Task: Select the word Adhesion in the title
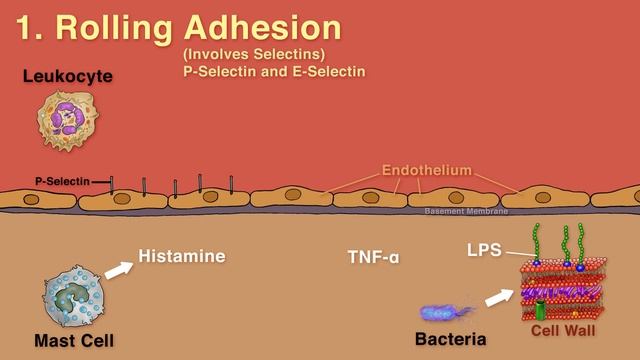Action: click(262, 27)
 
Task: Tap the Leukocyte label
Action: click(68, 76)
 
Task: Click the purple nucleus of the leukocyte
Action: click(68, 118)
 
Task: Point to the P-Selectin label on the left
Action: click(62, 181)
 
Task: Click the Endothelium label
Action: click(427, 170)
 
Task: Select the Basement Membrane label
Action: click(466, 211)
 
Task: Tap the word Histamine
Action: click(182, 256)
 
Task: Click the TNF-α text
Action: click(373, 257)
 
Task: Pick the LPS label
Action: click(484, 250)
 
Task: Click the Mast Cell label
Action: click(74, 340)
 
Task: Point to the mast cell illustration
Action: click(74, 297)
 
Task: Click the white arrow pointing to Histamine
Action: click(119, 270)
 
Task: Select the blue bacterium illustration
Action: click(446, 313)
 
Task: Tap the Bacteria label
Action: click(451, 339)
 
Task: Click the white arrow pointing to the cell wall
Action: click(500, 298)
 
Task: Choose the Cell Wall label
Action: click(563, 330)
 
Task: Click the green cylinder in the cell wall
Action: click(540, 310)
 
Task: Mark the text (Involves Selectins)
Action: click(254, 54)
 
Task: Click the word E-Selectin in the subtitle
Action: click(329, 71)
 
